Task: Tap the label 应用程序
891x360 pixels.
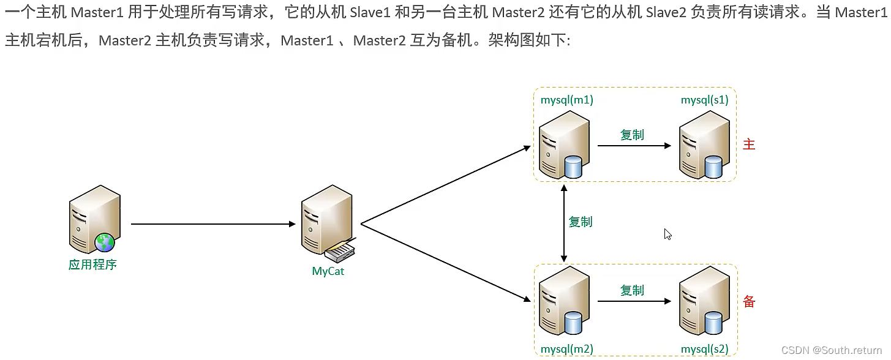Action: (92, 265)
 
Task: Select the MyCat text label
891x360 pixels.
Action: (328, 271)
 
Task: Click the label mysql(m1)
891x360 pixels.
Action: (566, 100)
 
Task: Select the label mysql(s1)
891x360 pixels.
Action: (705, 100)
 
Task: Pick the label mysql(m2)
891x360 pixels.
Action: (566, 350)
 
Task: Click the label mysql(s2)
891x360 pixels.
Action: (705, 350)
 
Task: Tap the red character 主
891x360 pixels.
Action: (749, 144)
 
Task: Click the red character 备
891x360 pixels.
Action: (749, 302)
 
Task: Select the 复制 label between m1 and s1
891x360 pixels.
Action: (632, 135)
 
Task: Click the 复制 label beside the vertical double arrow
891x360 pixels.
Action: (581, 222)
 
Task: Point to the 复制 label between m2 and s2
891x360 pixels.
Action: (632, 291)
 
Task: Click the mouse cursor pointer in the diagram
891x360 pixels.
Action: (667, 234)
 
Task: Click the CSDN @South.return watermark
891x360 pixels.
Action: (833, 350)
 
